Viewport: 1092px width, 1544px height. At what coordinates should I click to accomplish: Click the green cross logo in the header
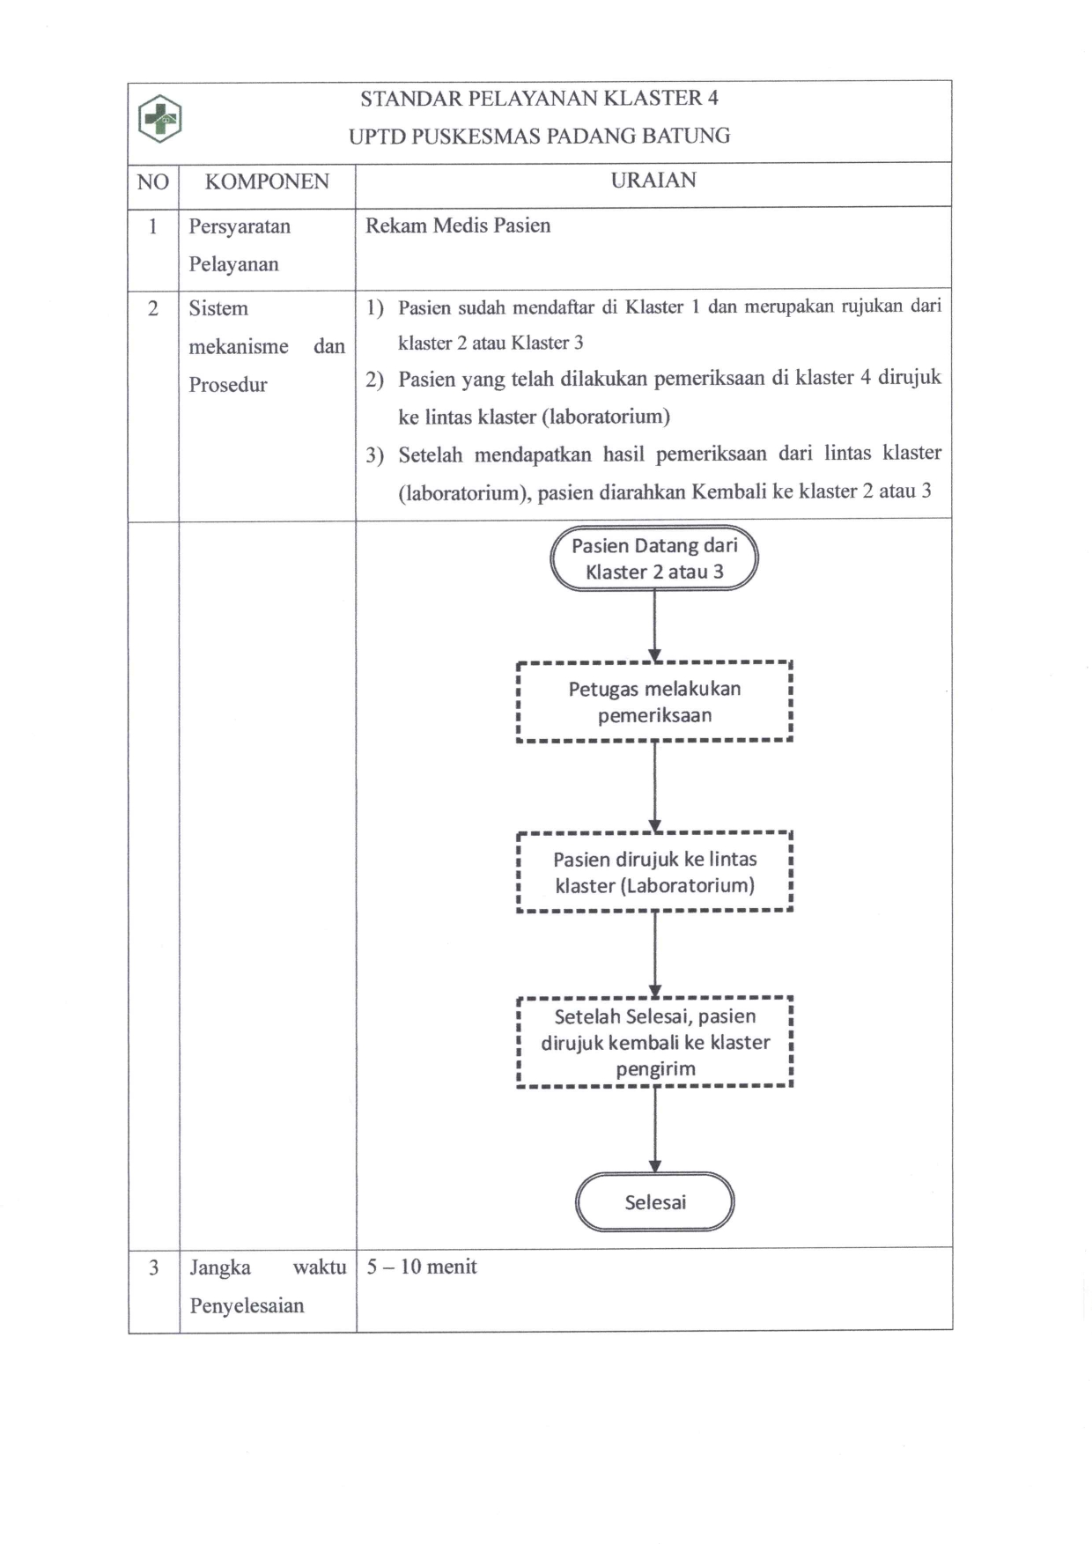160,118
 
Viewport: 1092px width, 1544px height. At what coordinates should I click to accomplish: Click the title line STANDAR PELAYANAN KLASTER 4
539,99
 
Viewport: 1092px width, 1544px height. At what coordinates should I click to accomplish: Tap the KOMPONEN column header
267,182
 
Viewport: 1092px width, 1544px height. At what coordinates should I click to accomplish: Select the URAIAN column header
653,181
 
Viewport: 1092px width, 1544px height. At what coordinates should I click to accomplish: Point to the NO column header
153,182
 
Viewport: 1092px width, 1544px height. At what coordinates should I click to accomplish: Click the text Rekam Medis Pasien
458,225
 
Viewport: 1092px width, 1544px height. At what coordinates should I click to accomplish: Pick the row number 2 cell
153,308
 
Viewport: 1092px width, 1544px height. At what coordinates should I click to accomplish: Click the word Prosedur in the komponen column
227,385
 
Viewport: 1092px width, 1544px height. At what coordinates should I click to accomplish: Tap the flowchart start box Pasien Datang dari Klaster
654,558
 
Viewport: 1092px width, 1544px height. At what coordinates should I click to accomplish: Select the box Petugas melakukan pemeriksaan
654,702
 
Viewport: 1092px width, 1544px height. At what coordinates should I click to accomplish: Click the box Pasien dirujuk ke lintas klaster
654,872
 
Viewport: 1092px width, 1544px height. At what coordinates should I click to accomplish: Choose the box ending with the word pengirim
654,1043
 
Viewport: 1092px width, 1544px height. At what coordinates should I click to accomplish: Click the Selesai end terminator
654,1202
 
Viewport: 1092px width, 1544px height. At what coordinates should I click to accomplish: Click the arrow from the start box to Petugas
654,625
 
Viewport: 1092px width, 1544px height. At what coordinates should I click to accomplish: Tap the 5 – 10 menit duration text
422,1267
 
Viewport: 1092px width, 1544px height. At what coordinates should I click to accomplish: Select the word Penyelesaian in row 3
247,1306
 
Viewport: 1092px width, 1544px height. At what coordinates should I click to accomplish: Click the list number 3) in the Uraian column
375,455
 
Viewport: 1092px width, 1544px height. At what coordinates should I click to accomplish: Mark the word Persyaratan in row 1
240,226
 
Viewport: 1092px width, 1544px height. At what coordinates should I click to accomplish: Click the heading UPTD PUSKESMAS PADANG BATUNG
539,137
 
